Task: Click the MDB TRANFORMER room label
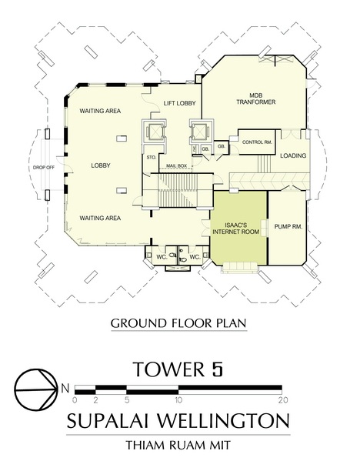pos(255,99)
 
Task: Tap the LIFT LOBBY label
pos(179,103)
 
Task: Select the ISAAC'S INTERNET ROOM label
pos(235,229)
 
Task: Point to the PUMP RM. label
pos(288,226)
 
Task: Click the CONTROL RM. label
pos(258,142)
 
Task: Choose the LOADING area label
pos(293,155)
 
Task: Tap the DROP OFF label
pos(44,168)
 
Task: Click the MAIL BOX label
pos(177,165)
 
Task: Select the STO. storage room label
pos(151,158)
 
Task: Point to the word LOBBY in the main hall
pos(101,165)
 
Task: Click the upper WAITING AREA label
pos(100,111)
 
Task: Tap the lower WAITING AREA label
pos(100,218)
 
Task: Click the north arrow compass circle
pos(36,389)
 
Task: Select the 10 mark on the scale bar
pos(178,400)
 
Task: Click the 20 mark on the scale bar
pos(283,400)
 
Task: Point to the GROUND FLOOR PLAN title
pos(178,323)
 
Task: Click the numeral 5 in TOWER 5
pos(217,369)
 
